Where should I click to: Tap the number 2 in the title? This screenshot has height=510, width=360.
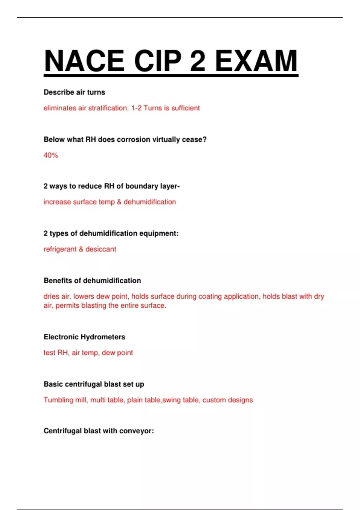(x=198, y=61)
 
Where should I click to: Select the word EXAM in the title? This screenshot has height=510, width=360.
(x=256, y=61)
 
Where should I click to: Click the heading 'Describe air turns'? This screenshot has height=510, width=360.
(x=74, y=92)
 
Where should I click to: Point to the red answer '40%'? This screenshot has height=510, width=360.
(x=51, y=155)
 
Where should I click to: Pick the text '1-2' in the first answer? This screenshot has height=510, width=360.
(x=136, y=108)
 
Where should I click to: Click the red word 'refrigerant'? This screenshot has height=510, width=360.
(x=60, y=249)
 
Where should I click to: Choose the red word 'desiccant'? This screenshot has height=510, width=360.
(x=101, y=249)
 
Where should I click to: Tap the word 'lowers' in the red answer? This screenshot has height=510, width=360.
(x=83, y=296)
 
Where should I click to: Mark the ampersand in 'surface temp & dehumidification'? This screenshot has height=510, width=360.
(x=119, y=202)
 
